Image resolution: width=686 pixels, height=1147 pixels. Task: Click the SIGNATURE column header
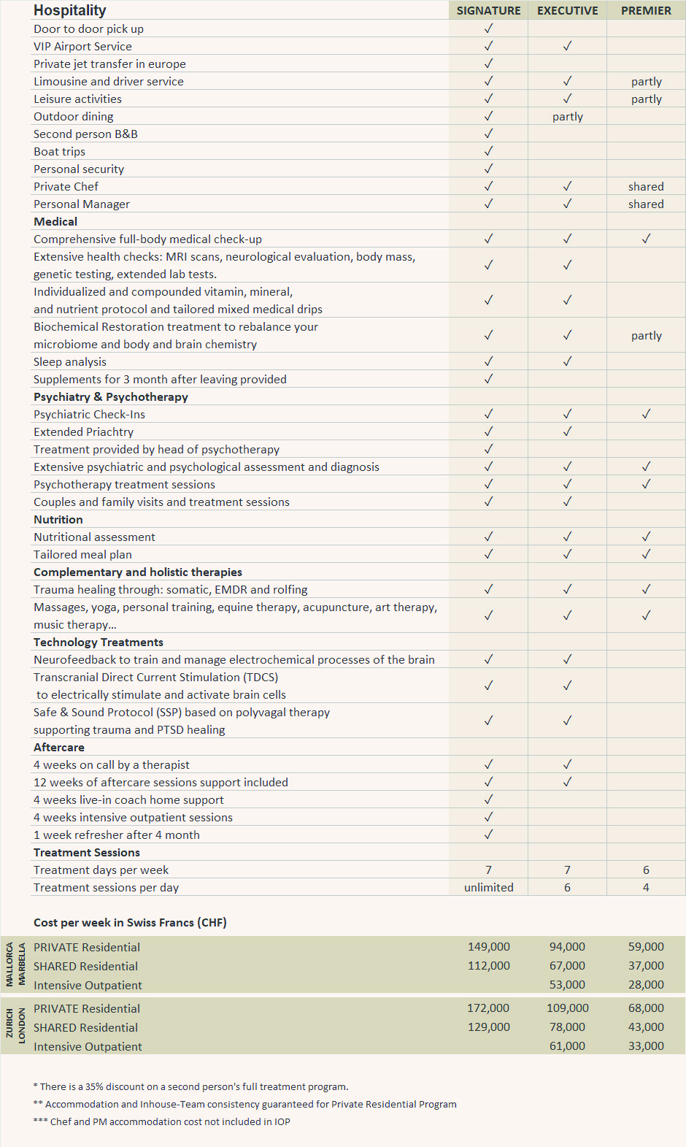[488, 11]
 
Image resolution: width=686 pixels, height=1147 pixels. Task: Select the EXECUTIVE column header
[567, 11]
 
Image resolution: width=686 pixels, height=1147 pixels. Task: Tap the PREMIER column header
[646, 11]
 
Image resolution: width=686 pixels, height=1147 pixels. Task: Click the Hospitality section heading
[70, 10]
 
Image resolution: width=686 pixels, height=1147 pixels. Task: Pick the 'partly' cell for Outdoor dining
[567, 117]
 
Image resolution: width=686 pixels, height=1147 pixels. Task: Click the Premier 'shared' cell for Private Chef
[646, 187]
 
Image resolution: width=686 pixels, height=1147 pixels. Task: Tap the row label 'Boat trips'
[59, 152]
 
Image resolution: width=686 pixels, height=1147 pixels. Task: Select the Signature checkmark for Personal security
[488, 169]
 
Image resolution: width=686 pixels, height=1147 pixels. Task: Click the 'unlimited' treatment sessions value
[488, 888]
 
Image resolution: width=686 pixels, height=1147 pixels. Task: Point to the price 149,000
[488, 947]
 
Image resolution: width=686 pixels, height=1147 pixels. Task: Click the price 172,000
[488, 1008]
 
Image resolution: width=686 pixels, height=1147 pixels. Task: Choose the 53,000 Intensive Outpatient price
[567, 985]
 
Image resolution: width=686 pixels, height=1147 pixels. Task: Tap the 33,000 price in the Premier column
[646, 1046]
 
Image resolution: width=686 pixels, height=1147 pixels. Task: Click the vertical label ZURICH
[9, 1024]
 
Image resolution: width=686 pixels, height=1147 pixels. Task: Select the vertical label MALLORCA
[9, 964]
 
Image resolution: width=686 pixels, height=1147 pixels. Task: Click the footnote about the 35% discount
[191, 1087]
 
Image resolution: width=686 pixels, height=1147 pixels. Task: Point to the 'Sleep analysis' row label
[70, 362]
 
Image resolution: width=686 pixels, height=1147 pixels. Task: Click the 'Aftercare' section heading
[59, 748]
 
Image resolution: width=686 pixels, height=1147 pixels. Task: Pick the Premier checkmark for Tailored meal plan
[646, 554]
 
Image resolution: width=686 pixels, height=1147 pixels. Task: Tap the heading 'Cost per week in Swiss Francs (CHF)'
[130, 923]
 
